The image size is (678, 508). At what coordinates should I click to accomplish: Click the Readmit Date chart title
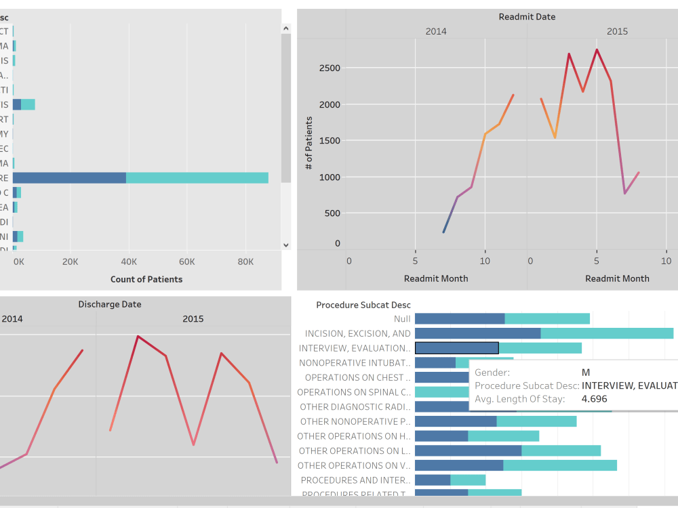[x=527, y=17]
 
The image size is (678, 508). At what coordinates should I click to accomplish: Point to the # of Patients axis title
[x=309, y=143]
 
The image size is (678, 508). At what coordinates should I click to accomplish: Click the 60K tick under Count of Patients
[x=186, y=261]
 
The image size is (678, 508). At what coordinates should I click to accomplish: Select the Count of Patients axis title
[x=146, y=279]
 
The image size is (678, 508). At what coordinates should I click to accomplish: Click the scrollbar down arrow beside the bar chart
[x=285, y=245]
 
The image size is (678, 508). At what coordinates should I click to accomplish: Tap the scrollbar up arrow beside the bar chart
[x=285, y=28]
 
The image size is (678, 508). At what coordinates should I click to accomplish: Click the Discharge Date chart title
[x=110, y=305]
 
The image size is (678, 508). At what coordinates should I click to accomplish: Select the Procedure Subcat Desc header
[x=363, y=305]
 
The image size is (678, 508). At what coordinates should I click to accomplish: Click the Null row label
[x=402, y=319]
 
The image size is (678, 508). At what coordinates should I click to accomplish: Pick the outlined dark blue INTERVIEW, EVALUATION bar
[x=456, y=348]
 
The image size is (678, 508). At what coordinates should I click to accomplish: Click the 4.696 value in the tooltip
[x=595, y=399]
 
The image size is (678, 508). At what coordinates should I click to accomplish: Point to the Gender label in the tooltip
[x=492, y=373]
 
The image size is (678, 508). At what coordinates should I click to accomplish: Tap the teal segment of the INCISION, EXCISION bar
[x=607, y=333]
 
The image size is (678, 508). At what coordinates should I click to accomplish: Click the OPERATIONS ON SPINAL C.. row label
[x=354, y=392]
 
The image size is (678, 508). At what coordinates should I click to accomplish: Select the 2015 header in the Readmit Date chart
[x=617, y=31]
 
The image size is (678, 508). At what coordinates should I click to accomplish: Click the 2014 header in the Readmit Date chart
[x=436, y=31]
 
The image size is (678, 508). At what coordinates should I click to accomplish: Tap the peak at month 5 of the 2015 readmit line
[x=597, y=49]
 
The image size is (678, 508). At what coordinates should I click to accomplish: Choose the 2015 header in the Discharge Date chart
[x=193, y=319]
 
